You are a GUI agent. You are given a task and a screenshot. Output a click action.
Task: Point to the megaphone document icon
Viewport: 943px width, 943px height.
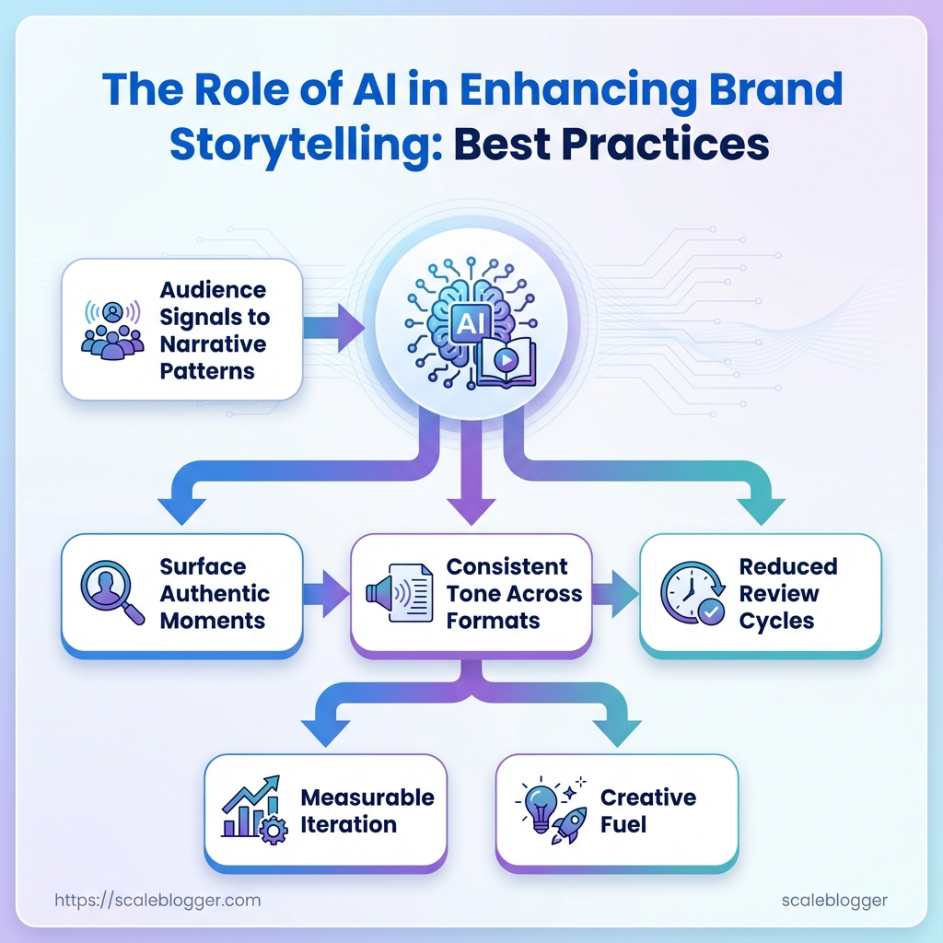click(401, 593)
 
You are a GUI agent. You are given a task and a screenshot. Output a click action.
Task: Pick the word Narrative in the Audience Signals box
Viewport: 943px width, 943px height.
click(214, 344)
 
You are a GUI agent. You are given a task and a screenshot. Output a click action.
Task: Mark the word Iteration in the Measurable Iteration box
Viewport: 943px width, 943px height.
click(348, 824)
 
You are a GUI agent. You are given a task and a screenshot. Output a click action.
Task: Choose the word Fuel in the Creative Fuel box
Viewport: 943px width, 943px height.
click(623, 824)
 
